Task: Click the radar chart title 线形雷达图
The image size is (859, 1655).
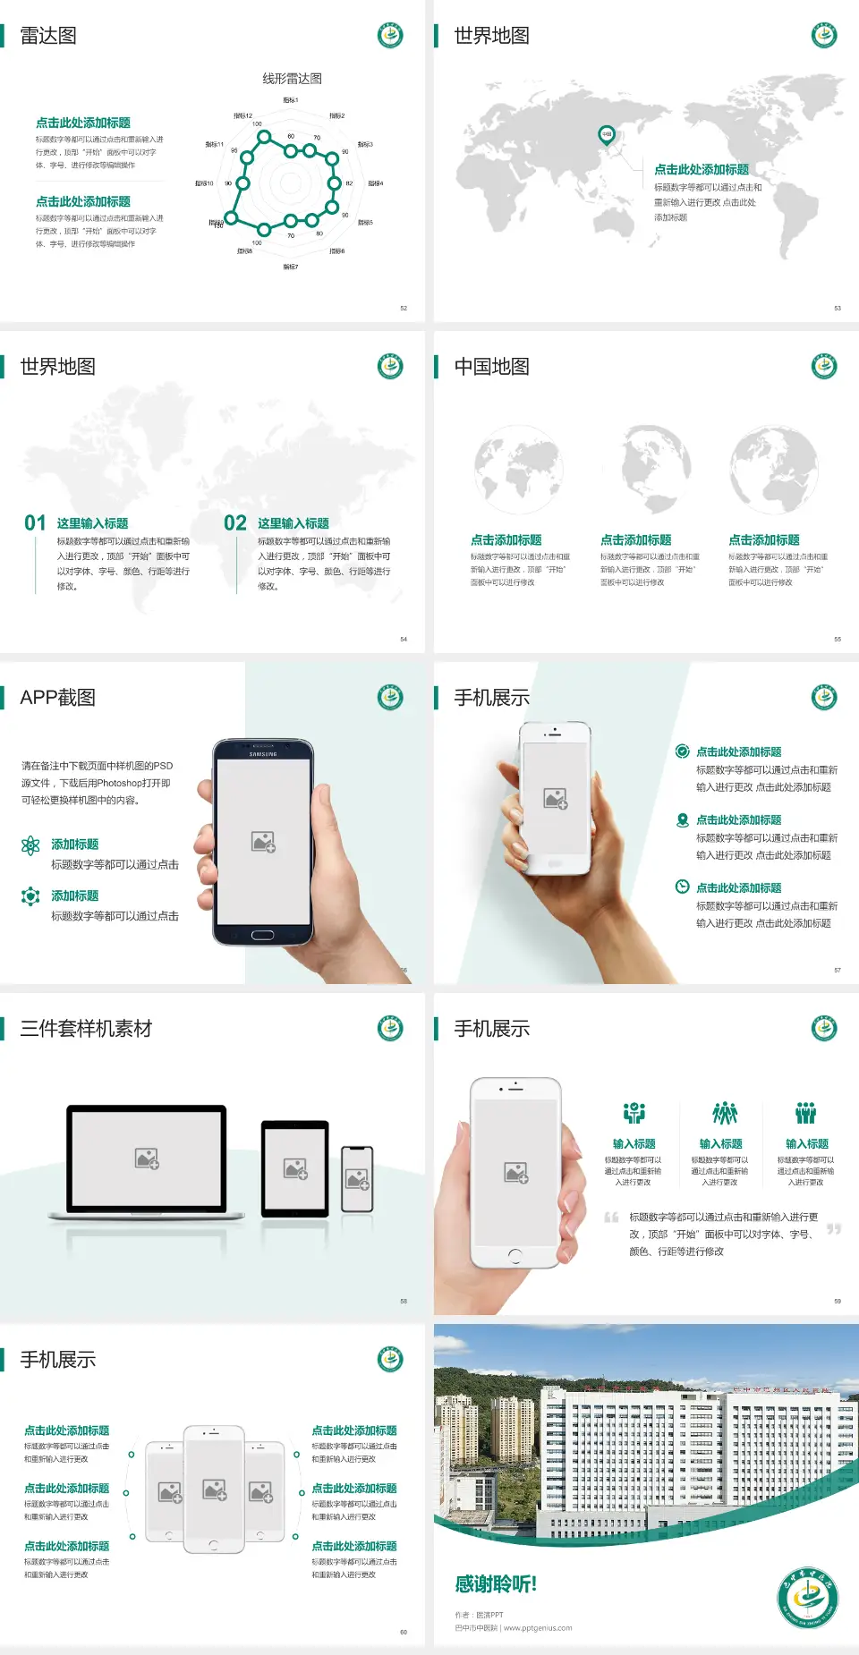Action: coord(292,79)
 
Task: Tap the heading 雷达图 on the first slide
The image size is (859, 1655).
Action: coord(48,36)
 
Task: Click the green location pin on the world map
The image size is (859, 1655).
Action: coord(606,135)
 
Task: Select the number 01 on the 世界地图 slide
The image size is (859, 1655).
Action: coord(35,523)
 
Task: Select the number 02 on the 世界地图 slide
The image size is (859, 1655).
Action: coord(235,523)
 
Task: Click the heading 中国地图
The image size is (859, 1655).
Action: coord(491,367)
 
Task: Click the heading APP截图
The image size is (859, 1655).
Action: coord(57,698)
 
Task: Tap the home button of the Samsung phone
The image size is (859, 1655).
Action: coord(262,935)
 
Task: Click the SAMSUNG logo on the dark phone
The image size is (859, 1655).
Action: coord(263,754)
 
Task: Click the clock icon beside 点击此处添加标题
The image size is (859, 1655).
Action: coord(682,887)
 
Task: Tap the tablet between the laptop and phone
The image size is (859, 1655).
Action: coord(295,1167)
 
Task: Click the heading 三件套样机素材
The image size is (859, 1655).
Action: coord(86,1029)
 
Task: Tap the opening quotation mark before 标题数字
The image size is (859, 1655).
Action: coord(611,1218)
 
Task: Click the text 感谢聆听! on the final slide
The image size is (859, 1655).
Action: coord(496,1584)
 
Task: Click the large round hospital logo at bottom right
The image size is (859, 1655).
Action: coord(807,1597)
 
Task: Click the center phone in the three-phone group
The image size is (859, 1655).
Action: coord(214,1489)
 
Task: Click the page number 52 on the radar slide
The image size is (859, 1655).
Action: coord(404,309)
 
